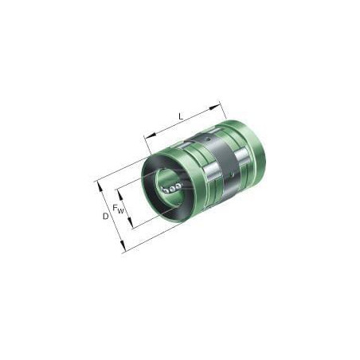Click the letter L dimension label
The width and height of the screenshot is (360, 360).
[x=181, y=116]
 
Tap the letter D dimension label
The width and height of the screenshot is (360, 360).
[x=106, y=217]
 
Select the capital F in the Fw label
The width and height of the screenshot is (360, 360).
[x=115, y=208]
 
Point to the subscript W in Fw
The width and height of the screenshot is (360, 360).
[x=121, y=211]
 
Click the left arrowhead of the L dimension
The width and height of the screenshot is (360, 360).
[x=151, y=135]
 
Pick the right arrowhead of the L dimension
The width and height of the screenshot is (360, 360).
[x=215, y=107]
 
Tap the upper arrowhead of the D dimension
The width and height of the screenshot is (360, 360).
[x=100, y=187]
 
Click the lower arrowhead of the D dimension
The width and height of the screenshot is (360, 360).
[x=123, y=246]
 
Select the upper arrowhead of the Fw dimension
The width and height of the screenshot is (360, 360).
[x=120, y=195]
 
